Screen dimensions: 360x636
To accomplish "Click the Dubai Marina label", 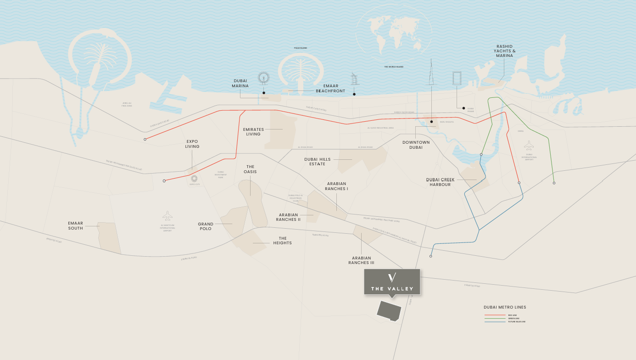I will [240, 83].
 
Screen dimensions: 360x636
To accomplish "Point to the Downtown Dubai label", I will [416, 145].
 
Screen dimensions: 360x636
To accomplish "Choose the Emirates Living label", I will [253, 132].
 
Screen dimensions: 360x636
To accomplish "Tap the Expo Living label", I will [192, 144].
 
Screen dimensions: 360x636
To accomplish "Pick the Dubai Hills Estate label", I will [317, 162].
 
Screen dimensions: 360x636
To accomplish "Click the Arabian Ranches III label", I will [361, 260].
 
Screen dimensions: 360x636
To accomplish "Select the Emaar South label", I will [76, 225].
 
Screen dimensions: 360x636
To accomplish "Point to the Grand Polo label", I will [206, 226].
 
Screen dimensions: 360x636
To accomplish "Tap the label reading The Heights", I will [283, 241].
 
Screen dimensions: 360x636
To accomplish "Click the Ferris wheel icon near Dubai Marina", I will [264, 78].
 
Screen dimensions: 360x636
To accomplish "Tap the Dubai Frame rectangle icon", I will [457, 78].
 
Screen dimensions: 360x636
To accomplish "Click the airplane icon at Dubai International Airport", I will [529, 146].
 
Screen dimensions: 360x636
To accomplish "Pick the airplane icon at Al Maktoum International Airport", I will [167, 215].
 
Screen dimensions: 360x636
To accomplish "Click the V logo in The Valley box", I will [392, 277].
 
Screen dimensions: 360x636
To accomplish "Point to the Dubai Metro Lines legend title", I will [505, 307].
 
